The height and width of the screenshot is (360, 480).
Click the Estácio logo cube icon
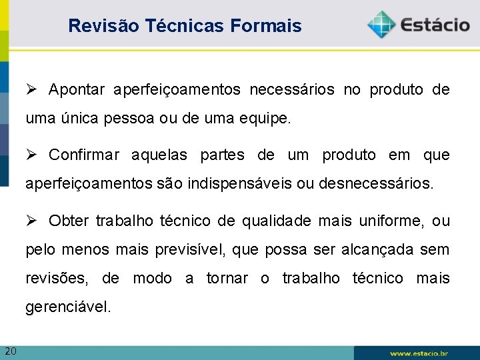point(381,25)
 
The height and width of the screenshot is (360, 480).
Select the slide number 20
point(11,351)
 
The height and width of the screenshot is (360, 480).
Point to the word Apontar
point(77,90)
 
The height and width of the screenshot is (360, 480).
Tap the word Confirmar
point(84,155)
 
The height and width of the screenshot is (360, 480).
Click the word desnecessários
point(376,184)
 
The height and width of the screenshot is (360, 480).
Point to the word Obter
point(69,221)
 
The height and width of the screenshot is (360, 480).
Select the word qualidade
point(276,221)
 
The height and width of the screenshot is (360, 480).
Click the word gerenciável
point(68,307)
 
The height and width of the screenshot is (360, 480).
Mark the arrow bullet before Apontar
point(32,89)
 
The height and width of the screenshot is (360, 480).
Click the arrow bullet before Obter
point(32,220)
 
